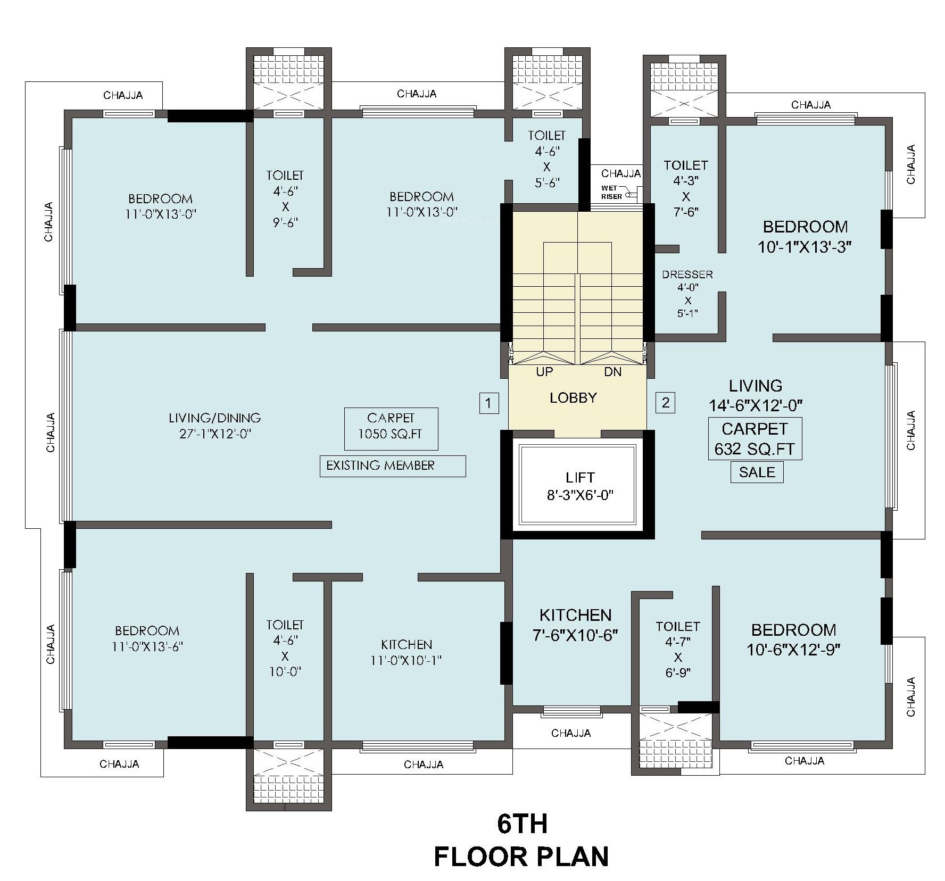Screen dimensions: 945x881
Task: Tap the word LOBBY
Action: click(573, 398)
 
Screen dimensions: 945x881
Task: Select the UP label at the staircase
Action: click(544, 372)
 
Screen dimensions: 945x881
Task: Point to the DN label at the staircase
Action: click(613, 372)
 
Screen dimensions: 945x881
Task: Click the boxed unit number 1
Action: click(489, 403)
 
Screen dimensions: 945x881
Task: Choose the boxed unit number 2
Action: click(666, 403)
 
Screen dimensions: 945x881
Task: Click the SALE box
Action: click(757, 472)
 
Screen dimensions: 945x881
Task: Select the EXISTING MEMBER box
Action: click(393, 466)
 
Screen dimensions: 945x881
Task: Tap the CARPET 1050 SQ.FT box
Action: click(391, 429)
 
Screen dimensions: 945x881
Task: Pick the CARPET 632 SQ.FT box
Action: click(755, 439)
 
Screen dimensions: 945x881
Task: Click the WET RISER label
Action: click(612, 193)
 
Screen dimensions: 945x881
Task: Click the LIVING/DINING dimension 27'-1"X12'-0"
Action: click(215, 434)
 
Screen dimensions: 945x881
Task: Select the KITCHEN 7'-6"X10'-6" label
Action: click(575, 625)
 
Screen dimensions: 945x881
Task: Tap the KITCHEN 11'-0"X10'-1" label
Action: click(407, 653)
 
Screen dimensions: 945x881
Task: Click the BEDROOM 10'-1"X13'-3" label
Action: click(806, 237)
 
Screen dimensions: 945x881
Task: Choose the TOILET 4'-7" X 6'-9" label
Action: click(678, 650)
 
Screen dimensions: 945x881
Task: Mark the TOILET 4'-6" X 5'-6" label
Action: click(547, 159)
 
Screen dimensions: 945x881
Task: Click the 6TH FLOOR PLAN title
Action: click(521, 841)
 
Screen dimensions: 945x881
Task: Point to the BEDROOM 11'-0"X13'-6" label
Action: click(147, 639)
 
